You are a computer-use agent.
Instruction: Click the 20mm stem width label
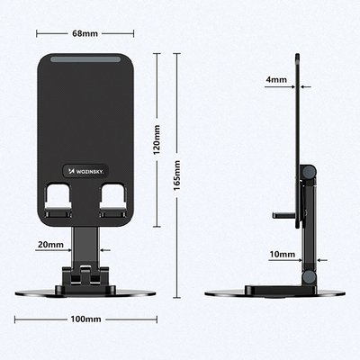coord(50,244)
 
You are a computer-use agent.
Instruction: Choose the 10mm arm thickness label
coord(281,255)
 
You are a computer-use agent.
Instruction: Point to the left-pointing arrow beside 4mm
coord(305,86)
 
